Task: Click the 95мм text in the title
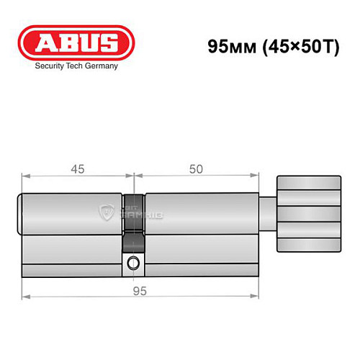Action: point(227,46)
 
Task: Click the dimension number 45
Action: point(78,169)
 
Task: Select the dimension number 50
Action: point(194,169)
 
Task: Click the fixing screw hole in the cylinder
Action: point(132,264)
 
